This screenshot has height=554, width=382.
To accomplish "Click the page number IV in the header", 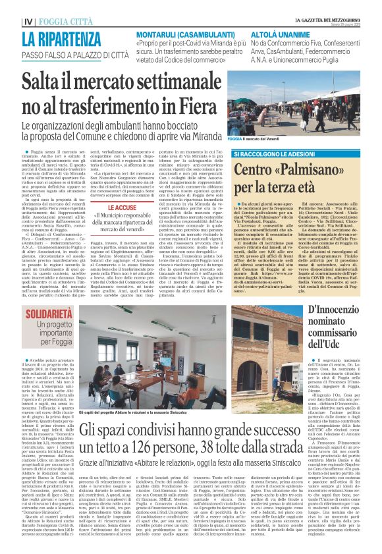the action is (x=28, y=21).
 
